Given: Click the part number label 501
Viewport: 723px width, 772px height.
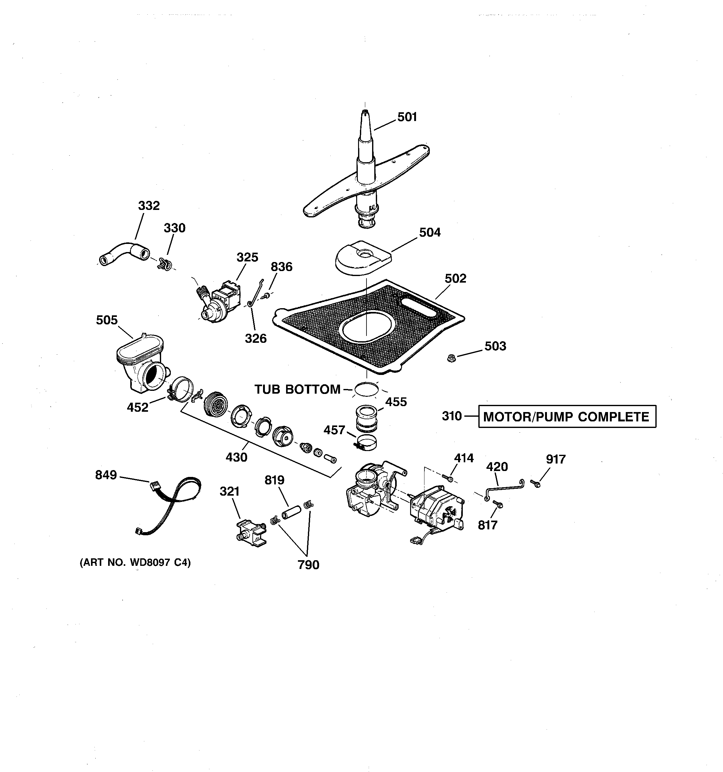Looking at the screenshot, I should point(407,117).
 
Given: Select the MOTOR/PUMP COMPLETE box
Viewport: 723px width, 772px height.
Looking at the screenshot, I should point(567,417).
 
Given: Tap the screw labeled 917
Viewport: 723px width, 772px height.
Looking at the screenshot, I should point(536,484).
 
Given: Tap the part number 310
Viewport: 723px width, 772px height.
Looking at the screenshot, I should point(452,416).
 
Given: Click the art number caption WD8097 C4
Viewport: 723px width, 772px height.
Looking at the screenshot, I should point(135,563).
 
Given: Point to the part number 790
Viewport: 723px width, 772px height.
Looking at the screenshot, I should point(308,565).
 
